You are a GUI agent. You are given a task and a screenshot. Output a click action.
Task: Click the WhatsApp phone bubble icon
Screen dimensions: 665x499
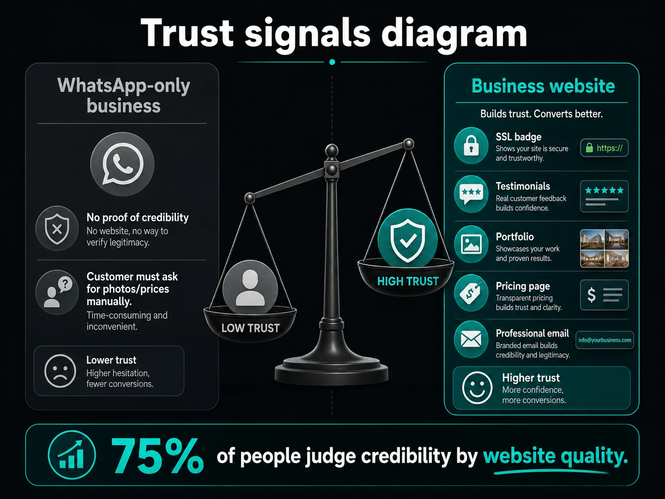123,164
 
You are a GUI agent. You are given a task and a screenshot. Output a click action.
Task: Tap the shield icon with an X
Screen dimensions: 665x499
57,228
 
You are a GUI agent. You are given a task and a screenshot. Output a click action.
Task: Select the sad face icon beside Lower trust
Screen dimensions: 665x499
60,371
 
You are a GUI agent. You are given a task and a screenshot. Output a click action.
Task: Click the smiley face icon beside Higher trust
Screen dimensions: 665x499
477,388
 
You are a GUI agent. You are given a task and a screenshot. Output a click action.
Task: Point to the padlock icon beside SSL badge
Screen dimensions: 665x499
471,146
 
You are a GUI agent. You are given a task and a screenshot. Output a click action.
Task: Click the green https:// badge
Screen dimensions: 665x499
604,148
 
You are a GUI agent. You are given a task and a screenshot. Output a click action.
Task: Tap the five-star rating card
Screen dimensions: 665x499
604,196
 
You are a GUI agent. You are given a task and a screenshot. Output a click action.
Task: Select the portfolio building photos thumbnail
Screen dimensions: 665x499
604,249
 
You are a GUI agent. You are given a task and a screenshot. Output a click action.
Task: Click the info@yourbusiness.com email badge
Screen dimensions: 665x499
605,340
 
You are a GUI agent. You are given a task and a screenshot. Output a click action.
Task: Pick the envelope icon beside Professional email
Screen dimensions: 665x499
471,340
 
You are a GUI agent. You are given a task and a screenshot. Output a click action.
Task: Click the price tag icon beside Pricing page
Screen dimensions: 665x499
471,293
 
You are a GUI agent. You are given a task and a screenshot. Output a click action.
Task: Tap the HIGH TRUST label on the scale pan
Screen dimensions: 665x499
408,282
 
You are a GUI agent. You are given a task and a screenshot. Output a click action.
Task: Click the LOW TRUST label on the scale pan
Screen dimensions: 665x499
250,328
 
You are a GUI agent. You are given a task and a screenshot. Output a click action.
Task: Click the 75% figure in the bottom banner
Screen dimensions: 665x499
157,456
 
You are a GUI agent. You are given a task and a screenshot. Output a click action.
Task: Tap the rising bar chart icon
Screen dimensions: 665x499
72,455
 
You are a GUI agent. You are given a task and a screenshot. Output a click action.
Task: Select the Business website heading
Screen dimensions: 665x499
543,86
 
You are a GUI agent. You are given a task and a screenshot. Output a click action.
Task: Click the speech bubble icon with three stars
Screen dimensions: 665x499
471,194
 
